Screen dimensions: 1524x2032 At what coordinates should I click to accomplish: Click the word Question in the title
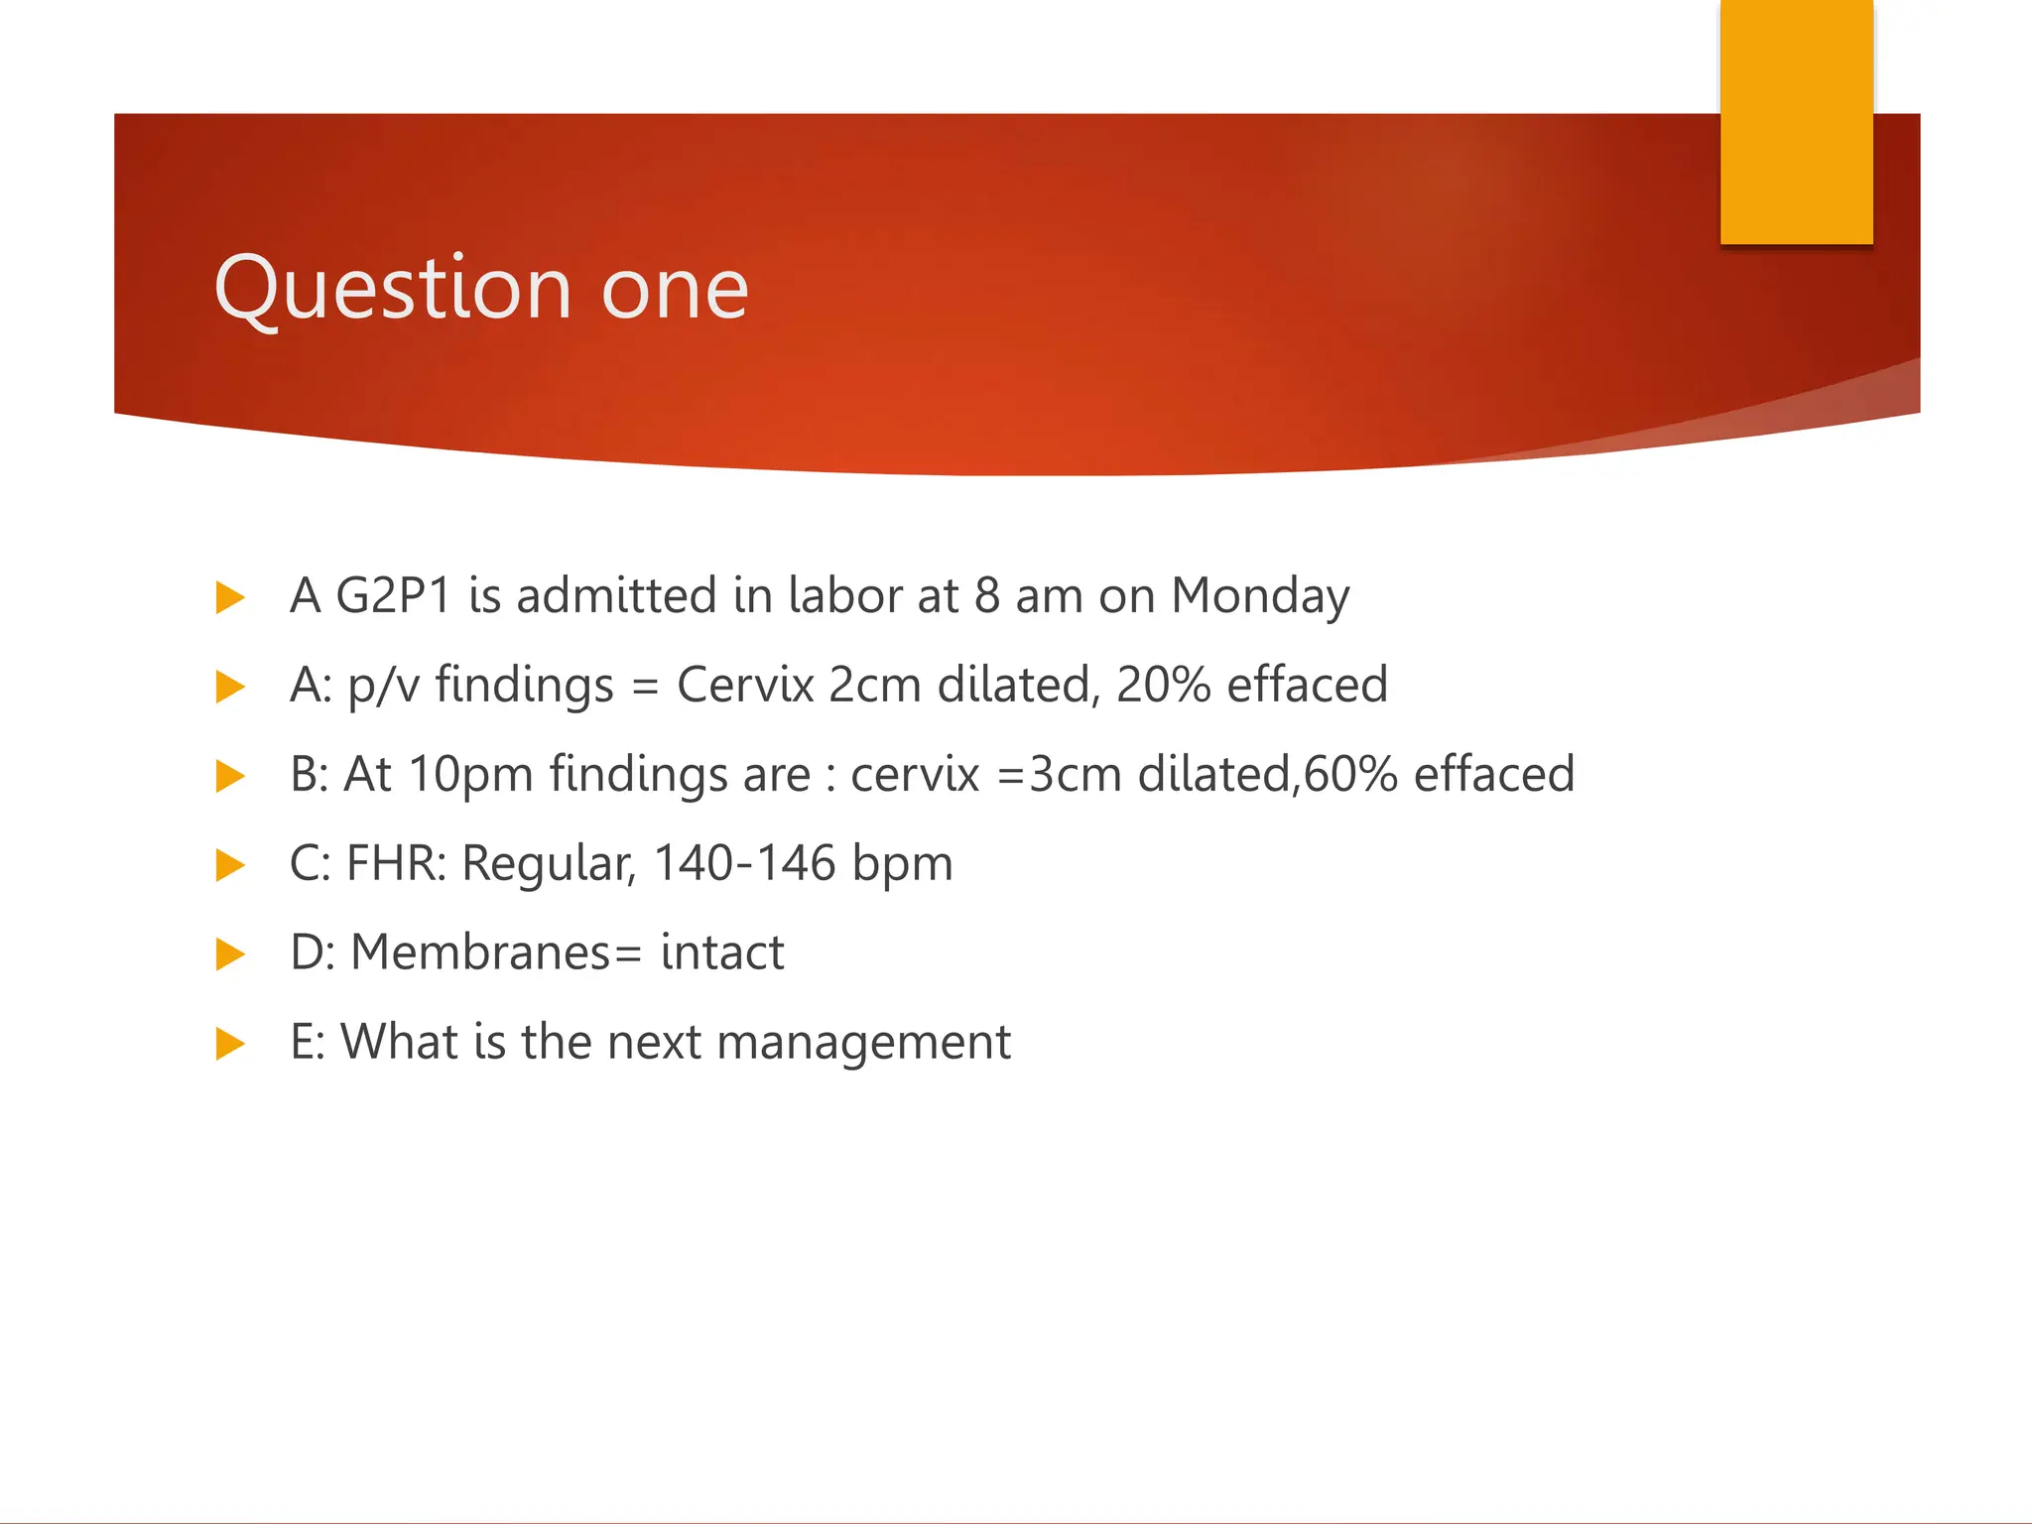point(393,290)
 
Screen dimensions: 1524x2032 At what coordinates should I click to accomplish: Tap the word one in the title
point(675,290)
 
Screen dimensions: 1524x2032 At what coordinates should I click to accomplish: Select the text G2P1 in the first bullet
point(394,596)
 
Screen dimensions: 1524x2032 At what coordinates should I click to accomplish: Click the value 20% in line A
point(1163,686)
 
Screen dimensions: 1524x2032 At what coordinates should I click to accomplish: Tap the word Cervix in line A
point(745,686)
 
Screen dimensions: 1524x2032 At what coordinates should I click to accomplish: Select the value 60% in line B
point(1351,775)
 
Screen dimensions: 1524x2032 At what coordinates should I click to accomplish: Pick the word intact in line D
point(722,953)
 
